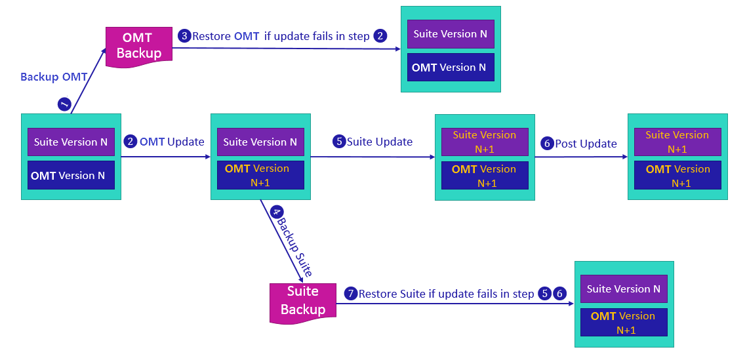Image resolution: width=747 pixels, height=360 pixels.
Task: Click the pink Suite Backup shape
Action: (302, 302)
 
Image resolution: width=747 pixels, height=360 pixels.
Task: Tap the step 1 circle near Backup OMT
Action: (64, 104)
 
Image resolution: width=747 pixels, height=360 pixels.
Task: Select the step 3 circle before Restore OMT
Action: (184, 36)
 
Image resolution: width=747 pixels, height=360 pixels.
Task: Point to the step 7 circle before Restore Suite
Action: (351, 294)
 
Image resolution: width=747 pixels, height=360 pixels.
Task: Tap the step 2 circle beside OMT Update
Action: (131, 141)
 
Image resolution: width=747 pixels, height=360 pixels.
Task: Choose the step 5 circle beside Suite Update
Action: (338, 142)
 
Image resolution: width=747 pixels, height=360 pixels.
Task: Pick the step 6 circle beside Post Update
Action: (547, 143)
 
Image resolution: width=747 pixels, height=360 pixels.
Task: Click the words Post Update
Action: (586, 144)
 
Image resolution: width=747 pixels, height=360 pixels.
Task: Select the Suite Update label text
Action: (380, 142)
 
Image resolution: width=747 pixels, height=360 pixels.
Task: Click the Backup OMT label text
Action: (54, 77)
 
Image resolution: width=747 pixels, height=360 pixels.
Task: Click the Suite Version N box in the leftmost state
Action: (71, 142)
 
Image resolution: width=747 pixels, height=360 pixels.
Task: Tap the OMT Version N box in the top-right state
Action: (450, 68)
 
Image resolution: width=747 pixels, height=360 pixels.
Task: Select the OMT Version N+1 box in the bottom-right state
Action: (624, 323)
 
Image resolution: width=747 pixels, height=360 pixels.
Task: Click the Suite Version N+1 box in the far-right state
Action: (677, 142)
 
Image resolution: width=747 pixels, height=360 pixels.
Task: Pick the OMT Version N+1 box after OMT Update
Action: (260, 175)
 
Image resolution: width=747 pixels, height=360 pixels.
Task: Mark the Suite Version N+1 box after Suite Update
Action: (485, 142)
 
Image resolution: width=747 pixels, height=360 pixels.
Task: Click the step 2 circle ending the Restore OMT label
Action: (380, 36)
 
